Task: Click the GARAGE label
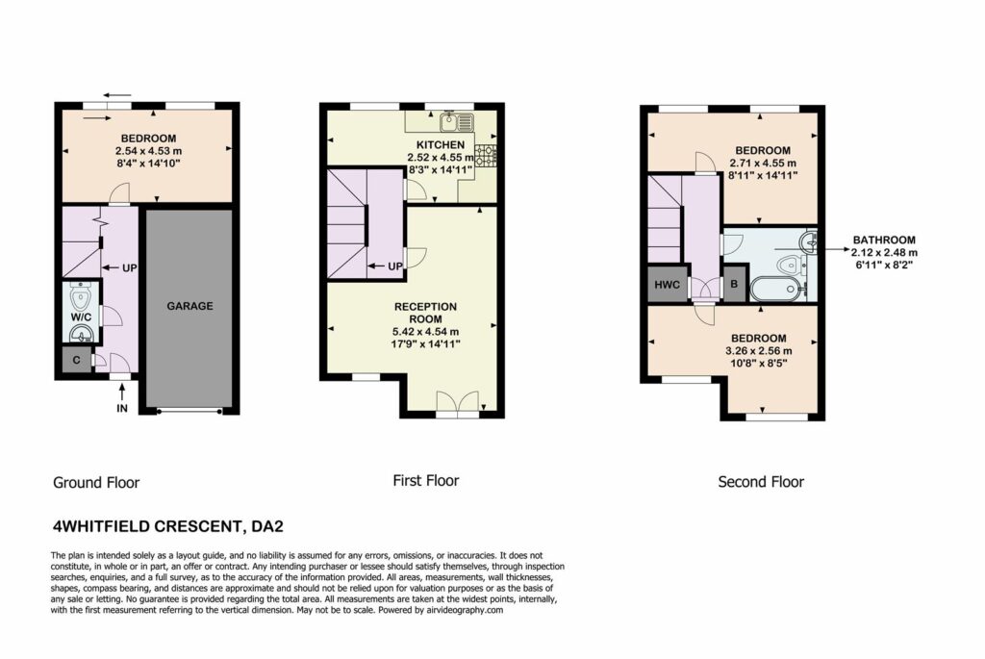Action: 189,306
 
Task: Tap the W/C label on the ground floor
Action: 81,317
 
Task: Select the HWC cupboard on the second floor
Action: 668,285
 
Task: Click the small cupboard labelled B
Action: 734,284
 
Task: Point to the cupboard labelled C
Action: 77,360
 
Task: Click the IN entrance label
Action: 122,408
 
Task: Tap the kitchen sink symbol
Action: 457,120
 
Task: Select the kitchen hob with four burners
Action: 486,155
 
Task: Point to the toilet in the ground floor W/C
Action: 82,294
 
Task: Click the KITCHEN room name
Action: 441,145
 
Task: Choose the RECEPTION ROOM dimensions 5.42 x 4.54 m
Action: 425,332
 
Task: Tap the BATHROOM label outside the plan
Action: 884,240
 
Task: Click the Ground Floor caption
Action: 96,483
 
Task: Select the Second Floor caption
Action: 761,482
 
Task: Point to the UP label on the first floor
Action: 395,266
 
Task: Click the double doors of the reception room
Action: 457,404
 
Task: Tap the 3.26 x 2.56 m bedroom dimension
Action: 759,350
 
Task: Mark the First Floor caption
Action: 426,481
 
